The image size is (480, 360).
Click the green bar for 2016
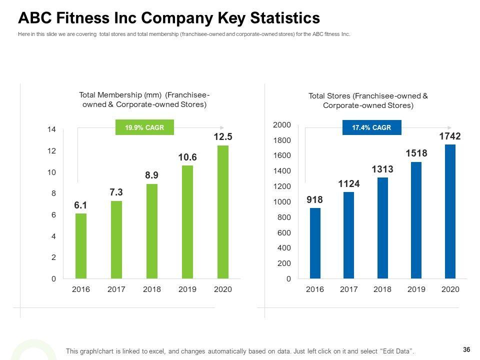(81, 245)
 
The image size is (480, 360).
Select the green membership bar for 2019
(187, 221)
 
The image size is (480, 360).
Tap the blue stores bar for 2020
(450, 211)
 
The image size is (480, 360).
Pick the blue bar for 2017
(349, 235)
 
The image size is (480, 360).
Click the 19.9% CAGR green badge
(144, 127)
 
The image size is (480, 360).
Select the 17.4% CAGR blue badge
(371, 127)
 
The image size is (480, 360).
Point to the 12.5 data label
(223, 136)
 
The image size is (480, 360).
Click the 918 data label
(315, 199)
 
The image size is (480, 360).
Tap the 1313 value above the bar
(382, 169)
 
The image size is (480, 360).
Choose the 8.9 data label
(152, 175)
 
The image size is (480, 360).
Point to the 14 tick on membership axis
(51, 129)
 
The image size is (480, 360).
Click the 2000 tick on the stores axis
(281, 124)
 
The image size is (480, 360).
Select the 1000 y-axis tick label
(281, 201)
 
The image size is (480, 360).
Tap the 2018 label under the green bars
(152, 289)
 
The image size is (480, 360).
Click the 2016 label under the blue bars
(315, 289)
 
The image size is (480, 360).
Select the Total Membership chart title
(144, 99)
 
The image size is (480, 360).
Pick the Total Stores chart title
(368, 100)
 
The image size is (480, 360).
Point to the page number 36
(467, 349)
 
